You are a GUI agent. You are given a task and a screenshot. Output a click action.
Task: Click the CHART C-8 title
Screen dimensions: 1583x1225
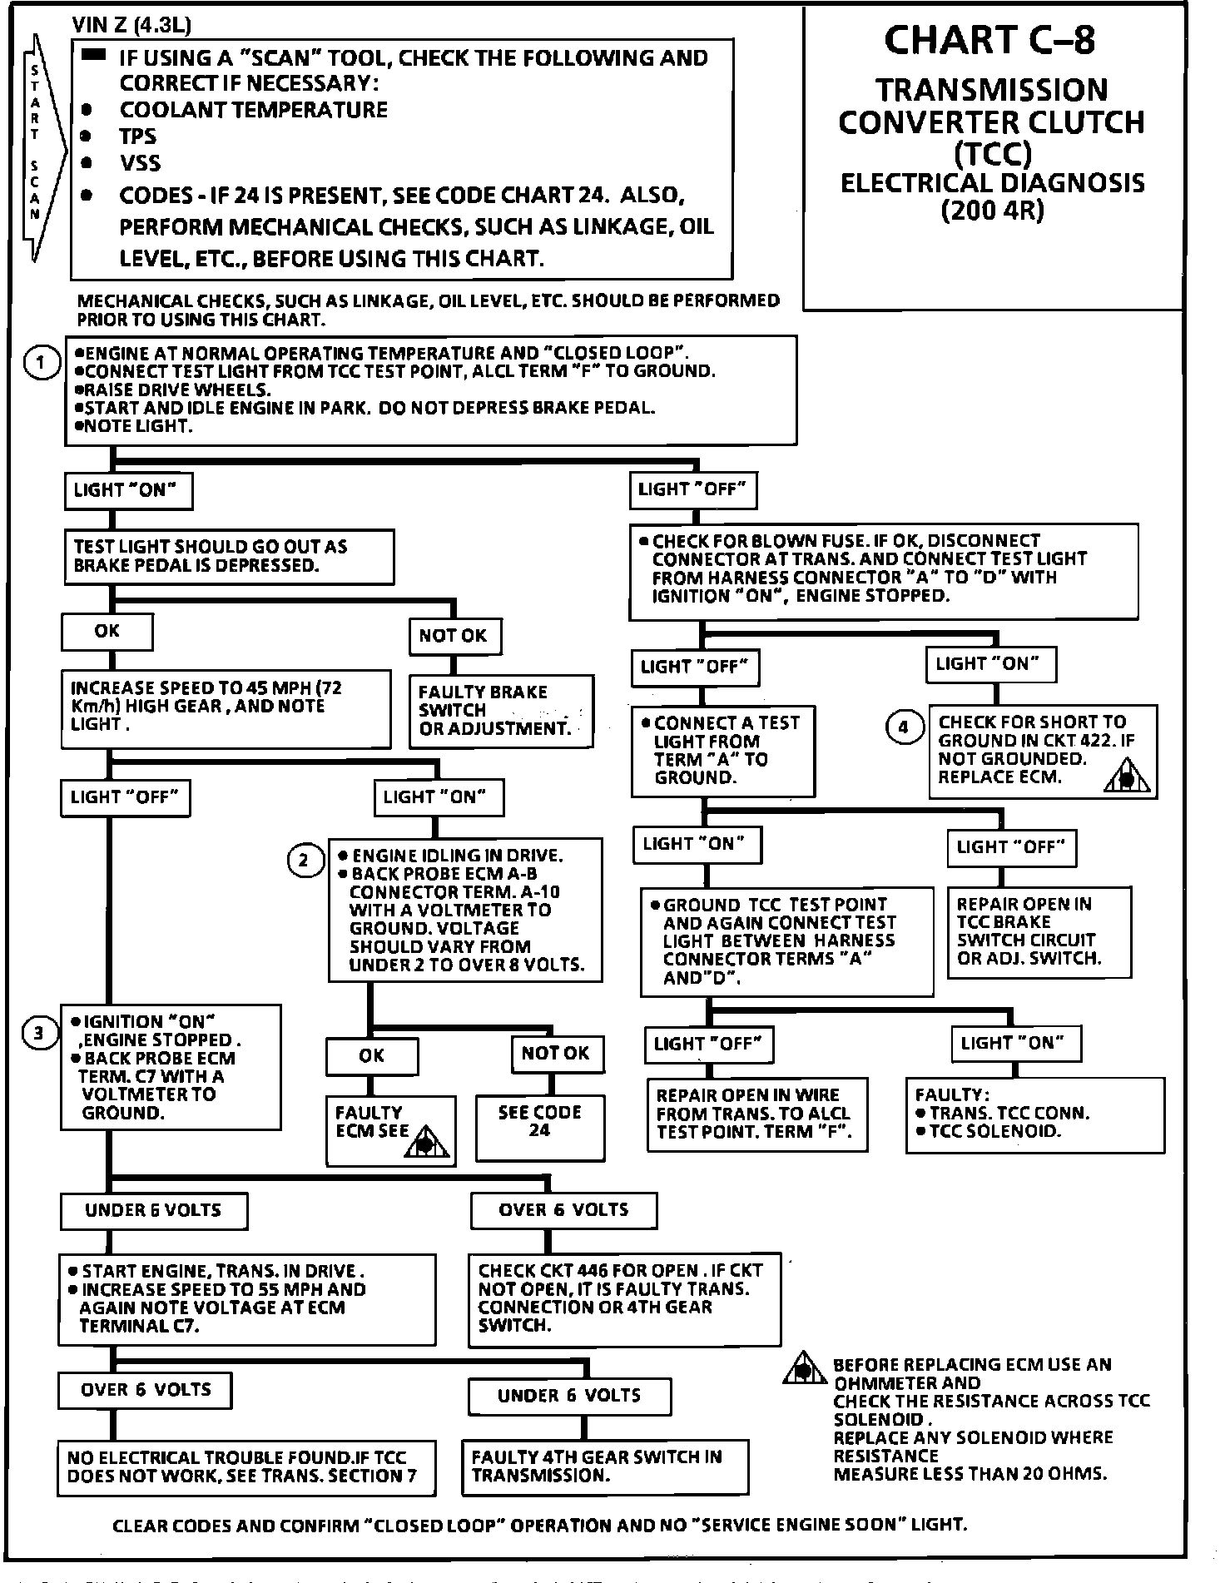click(990, 40)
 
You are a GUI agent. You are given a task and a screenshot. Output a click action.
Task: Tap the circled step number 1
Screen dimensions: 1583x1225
click(40, 363)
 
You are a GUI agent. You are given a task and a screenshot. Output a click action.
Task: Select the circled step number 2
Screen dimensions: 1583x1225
click(303, 860)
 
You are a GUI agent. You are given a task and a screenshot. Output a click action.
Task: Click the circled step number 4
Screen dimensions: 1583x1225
click(904, 727)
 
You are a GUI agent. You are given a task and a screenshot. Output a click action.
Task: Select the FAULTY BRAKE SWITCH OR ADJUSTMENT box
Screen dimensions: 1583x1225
click(502, 711)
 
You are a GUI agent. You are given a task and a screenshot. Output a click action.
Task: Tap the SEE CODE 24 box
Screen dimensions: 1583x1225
click(539, 1127)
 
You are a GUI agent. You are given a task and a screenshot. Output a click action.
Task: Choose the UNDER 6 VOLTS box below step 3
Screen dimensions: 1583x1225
click(153, 1210)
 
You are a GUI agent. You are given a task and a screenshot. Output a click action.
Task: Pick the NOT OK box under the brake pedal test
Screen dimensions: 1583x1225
click(454, 637)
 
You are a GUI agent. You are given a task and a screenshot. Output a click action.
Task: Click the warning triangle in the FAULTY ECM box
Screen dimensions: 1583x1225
click(425, 1142)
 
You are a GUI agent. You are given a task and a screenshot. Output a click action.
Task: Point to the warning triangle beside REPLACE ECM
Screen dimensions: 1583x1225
click(1128, 778)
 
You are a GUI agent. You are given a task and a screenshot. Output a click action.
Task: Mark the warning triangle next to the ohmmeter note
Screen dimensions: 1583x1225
click(804, 1369)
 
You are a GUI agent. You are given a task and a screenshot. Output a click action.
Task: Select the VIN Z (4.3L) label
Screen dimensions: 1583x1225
click(132, 26)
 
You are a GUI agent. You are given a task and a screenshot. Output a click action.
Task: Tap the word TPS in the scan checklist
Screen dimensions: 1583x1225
click(138, 136)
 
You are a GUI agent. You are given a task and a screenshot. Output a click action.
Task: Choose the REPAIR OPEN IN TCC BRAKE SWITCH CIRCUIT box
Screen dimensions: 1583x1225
click(1039, 931)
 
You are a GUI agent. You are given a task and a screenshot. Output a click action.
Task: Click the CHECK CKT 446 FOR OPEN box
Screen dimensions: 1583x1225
click(624, 1298)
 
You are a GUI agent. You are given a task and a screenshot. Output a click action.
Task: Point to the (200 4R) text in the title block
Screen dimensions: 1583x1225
click(992, 211)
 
